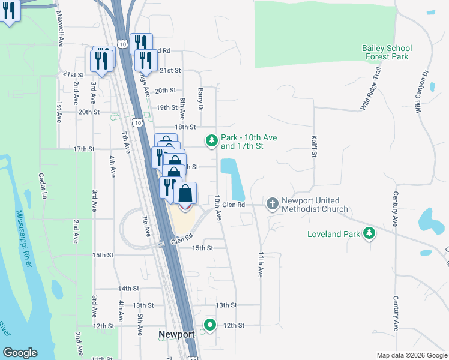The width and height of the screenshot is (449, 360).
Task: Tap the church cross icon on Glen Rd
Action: [x=273, y=205]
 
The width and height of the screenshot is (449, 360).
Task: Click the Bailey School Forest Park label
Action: [x=387, y=52]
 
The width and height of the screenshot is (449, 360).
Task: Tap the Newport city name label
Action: [x=176, y=334]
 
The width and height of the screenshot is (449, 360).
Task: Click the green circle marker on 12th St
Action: [x=209, y=326]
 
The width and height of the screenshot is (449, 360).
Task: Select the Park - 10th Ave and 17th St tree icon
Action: [x=211, y=142]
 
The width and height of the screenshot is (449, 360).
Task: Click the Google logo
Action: [x=20, y=353]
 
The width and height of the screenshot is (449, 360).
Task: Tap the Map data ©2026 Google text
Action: [x=411, y=355]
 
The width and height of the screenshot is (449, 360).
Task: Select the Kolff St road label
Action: [x=313, y=146]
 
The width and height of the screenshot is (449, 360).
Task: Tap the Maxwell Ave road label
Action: [x=61, y=30]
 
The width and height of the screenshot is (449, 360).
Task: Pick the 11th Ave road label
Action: [x=261, y=264]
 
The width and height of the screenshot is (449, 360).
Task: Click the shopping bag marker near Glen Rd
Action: [x=185, y=194]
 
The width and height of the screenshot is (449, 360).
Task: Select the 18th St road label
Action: [x=185, y=127]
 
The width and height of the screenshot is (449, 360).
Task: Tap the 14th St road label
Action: [x=128, y=289]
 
